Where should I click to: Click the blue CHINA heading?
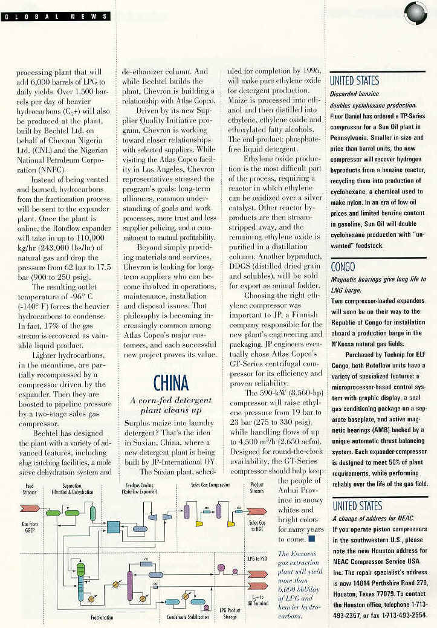pos(170,383)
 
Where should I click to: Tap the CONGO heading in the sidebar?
pos(342,267)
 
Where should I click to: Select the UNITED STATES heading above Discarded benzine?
pos(355,80)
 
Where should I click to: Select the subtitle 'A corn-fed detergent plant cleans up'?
pos(170,405)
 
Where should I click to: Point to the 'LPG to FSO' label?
pos(257,558)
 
